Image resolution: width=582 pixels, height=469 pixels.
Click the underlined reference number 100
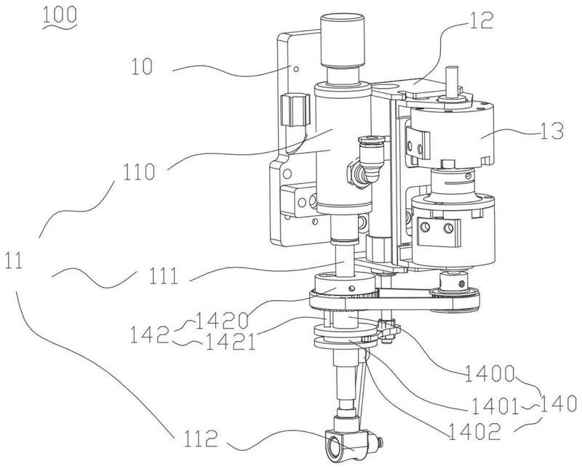[x=60, y=15]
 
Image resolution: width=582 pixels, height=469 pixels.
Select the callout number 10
[x=142, y=67]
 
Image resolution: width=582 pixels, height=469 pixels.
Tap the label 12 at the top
[x=482, y=20]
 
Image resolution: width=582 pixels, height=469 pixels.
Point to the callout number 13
[x=552, y=131]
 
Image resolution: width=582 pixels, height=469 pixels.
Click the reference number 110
[x=139, y=172]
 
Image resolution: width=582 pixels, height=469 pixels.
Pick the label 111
[x=163, y=276]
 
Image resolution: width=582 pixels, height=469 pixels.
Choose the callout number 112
[x=201, y=439]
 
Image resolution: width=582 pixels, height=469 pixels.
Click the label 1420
[x=222, y=320]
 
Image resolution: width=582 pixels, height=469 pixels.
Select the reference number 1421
[x=230, y=342]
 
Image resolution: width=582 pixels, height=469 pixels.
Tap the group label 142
[x=149, y=334]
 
